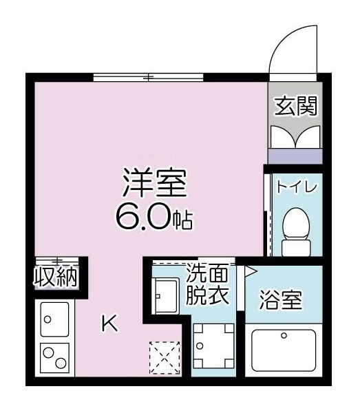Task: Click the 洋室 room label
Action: pyautogui.click(x=154, y=184)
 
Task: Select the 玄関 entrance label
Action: pyautogui.click(x=297, y=107)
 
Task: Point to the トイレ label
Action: pyautogui.click(x=297, y=187)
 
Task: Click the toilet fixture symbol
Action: pyautogui.click(x=297, y=228)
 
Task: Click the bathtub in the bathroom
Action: pyautogui.click(x=283, y=350)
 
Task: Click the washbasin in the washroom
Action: pyautogui.click(x=166, y=297)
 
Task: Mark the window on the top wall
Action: pyautogui.click(x=148, y=76)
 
